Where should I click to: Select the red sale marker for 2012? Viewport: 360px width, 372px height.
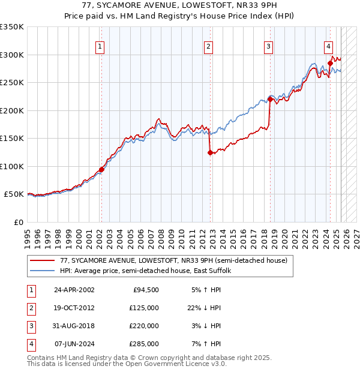210,152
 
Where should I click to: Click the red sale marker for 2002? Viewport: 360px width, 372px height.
101,169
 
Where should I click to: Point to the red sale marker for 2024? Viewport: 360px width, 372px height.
330,63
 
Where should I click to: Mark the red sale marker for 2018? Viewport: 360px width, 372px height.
270,100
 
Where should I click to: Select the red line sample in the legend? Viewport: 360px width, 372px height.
43,261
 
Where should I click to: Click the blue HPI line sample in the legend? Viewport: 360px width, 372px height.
43,271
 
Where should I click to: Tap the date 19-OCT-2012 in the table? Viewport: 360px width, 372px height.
74,308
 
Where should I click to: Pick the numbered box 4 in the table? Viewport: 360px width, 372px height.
30,344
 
